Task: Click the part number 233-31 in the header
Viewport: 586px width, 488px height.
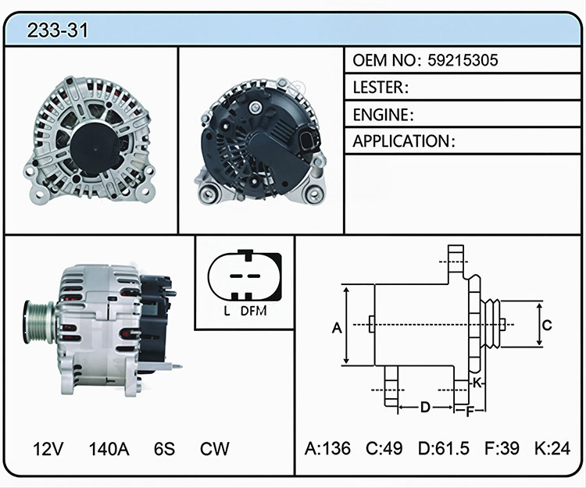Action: click(58, 30)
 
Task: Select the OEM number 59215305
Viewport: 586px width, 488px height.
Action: click(463, 60)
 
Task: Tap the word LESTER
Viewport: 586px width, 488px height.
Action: click(378, 87)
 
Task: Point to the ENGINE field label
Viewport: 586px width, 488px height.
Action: click(381, 115)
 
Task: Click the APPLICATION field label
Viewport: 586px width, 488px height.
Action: click(402, 141)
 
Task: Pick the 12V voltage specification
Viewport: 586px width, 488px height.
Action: click(48, 449)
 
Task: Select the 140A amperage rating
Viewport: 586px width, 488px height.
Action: click(109, 449)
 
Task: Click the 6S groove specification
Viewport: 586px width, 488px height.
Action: click(164, 449)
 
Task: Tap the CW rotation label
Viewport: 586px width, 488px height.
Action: click(215, 449)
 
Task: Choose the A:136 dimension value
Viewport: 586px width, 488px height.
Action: click(327, 448)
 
